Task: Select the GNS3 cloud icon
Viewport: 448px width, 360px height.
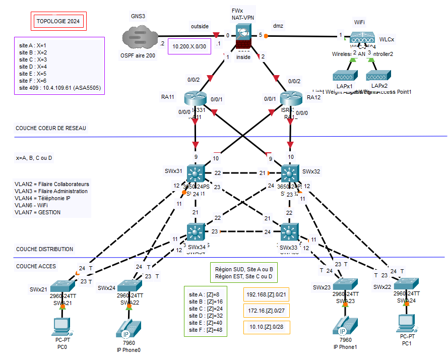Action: pos(138,37)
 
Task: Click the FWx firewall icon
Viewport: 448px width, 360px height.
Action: pos(244,36)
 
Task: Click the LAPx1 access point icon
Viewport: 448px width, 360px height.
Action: pos(344,76)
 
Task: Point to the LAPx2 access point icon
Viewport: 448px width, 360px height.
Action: pos(377,76)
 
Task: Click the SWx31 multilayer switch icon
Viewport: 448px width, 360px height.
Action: pos(195,173)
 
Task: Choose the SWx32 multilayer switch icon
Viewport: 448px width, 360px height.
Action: pos(290,173)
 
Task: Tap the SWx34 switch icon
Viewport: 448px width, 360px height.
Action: pos(195,232)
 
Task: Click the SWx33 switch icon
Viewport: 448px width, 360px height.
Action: pos(289,232)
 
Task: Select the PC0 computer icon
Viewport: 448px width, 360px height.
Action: pos(62,326)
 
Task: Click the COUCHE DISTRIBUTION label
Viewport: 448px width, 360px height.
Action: pos(44,249)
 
